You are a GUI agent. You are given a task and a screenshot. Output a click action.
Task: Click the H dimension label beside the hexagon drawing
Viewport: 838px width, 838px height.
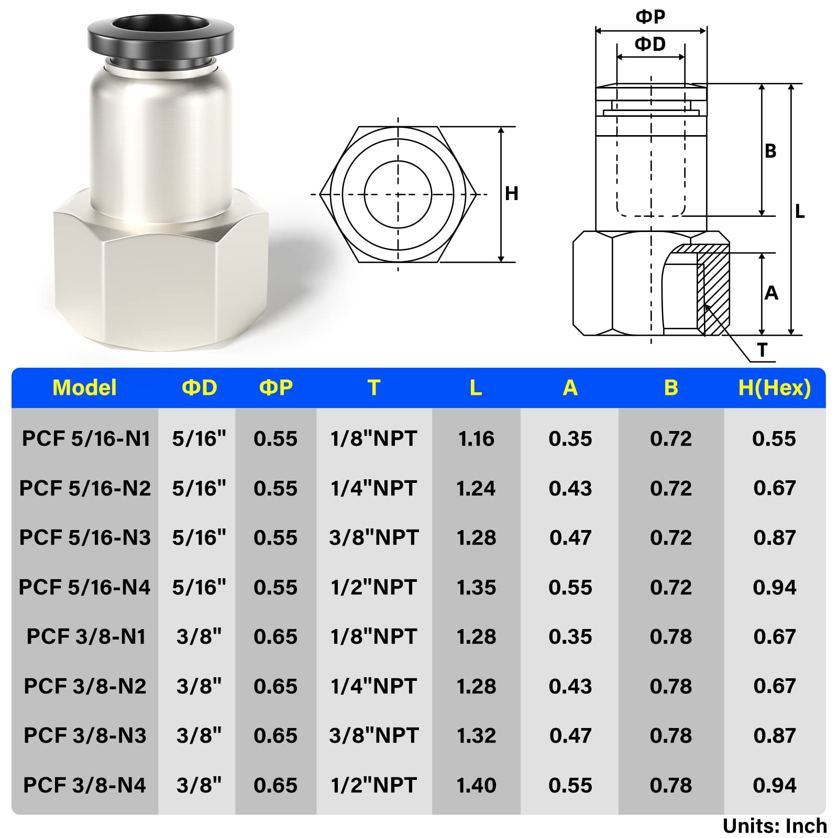511,194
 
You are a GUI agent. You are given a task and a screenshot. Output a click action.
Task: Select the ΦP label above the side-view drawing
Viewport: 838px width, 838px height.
650,17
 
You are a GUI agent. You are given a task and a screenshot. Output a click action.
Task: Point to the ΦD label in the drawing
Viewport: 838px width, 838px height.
650,44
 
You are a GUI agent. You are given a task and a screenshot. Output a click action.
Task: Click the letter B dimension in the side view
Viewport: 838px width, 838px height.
770,151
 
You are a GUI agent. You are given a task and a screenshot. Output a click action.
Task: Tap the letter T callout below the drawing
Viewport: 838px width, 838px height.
762,350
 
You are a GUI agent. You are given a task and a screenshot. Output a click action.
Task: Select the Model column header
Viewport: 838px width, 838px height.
84,388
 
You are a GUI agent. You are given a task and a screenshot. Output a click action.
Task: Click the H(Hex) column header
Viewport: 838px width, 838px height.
774,388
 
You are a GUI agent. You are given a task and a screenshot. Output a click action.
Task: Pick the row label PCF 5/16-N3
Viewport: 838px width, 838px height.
85,538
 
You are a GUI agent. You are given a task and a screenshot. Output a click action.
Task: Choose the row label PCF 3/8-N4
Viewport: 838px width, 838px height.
85,785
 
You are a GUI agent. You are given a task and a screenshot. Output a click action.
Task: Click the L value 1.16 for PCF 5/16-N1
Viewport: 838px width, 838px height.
476,439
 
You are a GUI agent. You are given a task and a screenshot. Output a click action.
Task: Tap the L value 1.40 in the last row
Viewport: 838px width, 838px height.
476,785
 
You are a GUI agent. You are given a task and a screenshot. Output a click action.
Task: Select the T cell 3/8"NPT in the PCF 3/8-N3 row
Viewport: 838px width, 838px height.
374,736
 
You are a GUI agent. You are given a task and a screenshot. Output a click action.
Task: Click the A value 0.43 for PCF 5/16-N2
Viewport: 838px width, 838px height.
570,489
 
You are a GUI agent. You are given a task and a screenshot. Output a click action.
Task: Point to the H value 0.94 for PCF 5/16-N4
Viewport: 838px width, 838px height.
774,588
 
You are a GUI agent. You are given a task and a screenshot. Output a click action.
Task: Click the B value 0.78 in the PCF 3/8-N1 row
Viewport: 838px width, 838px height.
670,637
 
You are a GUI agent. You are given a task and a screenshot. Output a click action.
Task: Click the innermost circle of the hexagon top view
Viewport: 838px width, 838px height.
398,194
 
